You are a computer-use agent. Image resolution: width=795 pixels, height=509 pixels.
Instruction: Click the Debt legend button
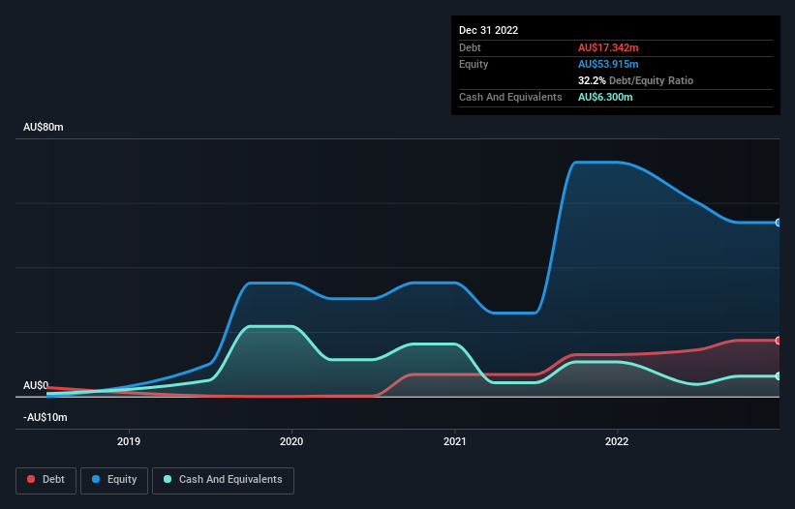(45, 479)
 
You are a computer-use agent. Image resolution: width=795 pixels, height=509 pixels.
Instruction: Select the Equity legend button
(114, 479)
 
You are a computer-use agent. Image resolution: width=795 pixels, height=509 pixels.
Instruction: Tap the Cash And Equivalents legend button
(222, 479)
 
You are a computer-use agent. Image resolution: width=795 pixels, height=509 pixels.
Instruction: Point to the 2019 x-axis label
(129, 441)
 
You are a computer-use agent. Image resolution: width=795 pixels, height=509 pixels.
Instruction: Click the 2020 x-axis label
(291, 441)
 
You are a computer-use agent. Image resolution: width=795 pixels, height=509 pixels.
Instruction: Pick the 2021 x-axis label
(454, 441)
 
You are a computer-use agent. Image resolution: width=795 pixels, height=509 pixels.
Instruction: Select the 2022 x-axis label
(617, 441)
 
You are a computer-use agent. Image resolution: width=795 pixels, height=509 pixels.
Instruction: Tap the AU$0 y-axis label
(36, 385)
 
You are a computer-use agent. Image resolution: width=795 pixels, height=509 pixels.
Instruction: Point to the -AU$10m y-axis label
(46, 417)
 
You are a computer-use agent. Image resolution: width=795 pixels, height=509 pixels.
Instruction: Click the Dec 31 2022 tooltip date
(489, 30)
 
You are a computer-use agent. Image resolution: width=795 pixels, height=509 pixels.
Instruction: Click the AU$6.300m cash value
(606, 98)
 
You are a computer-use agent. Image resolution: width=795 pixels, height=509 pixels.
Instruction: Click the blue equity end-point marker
(779, 223)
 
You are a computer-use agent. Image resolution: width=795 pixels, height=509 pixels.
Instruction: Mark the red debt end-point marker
(779, 341)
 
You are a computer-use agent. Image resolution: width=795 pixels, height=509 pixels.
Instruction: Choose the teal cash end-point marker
(779, 376)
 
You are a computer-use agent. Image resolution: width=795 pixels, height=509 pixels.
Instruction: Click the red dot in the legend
(32, 479)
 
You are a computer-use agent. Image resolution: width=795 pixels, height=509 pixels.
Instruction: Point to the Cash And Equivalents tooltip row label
(510, 98)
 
